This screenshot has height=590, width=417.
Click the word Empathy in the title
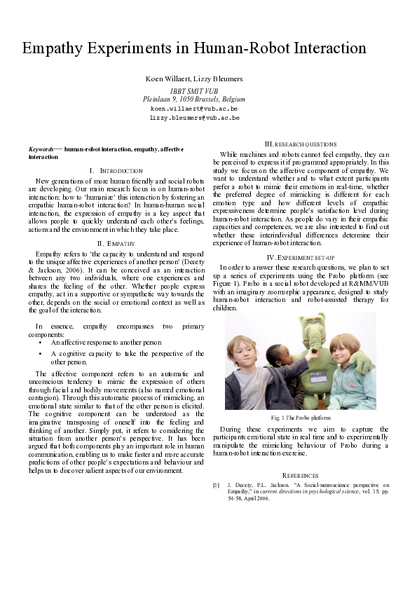(55, 48)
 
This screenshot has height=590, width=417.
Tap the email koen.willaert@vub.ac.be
(194, 109)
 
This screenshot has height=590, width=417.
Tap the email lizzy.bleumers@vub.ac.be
(194, 118)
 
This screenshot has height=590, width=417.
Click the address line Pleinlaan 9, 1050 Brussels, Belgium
(194, 100)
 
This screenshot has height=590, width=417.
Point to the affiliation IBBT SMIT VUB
(194, 91)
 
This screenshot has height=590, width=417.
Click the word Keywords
(43, 150)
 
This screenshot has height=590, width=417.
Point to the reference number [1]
(217, 484)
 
